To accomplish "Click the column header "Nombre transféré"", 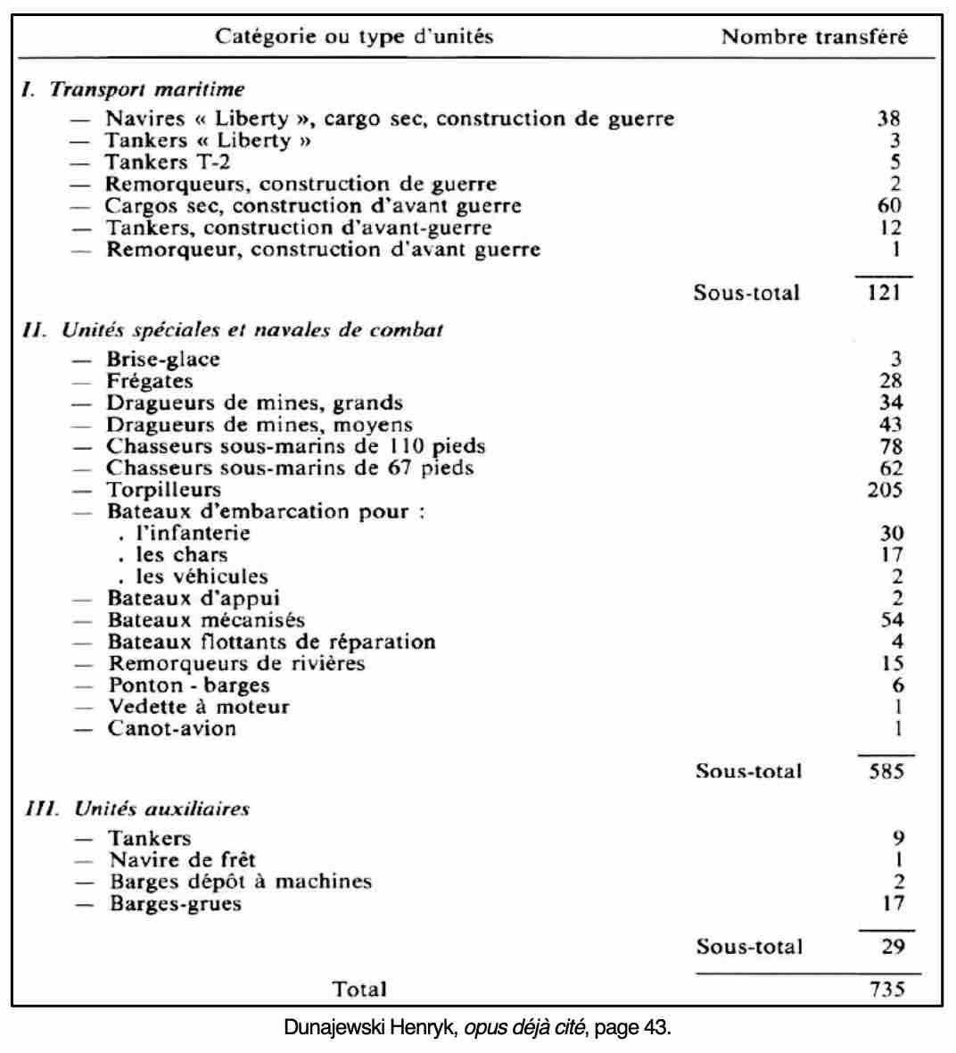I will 814,37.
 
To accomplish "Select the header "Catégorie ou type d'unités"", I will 354,37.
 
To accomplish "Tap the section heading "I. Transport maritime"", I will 133,89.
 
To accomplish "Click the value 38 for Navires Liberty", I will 888,118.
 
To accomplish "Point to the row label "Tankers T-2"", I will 161,162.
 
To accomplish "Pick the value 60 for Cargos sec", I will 888,205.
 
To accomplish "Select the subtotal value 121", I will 884,292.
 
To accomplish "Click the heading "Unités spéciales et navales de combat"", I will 251,329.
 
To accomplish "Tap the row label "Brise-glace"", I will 163,359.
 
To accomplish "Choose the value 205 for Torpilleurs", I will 885,489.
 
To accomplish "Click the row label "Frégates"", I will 150,381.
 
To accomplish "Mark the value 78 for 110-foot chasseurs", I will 890,446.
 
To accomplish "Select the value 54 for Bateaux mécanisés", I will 891,619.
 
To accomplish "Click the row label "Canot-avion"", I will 172,728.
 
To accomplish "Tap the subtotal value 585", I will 886,771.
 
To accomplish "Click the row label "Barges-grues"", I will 176,903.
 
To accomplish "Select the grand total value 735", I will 886,988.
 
